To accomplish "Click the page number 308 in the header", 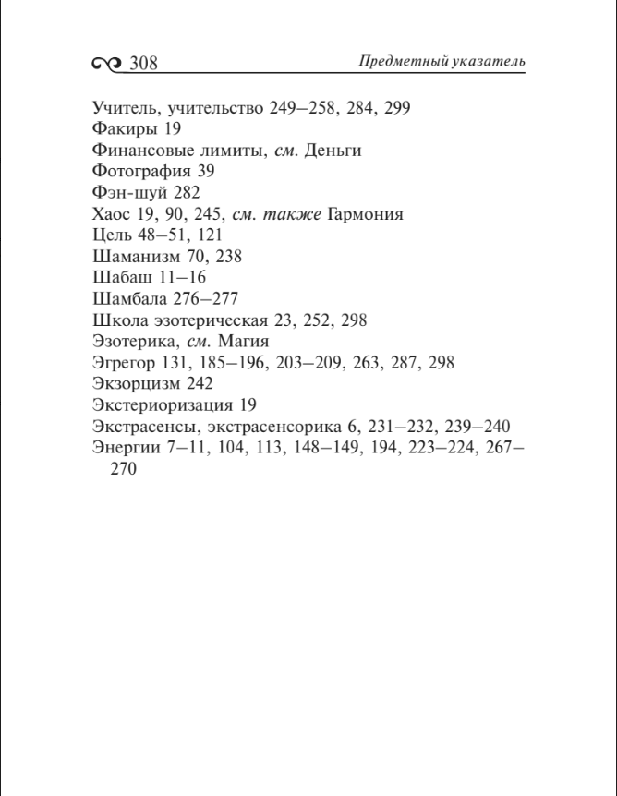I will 143,63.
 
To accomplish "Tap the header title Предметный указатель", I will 442,61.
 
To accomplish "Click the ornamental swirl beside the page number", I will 107,64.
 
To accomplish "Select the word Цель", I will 113,235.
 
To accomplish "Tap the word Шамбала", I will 130,299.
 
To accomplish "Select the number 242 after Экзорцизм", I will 199,384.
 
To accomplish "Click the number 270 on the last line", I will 123,469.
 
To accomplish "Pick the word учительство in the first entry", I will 211,107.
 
